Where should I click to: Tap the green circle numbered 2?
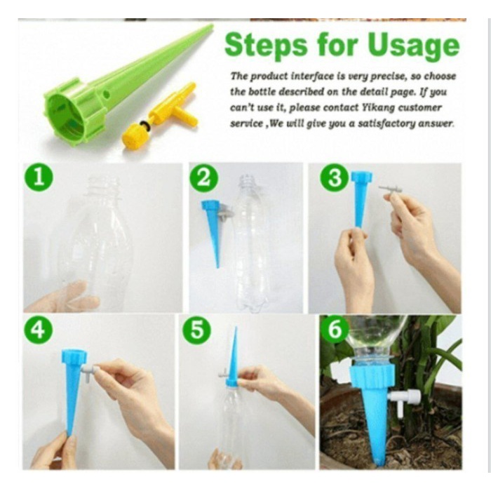[x=203, y=178]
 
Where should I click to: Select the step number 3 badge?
[x=334, y=177]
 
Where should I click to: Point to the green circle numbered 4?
[x=38, y=330]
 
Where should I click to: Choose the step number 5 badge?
[x=196, y=330]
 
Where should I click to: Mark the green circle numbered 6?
[x=335, y=330]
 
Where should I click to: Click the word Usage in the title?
[x=413, y=46]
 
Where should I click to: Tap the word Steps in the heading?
[x=266, y=46]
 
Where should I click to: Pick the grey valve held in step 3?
[x=389, y=190]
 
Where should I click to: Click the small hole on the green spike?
[x=107, y=93]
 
